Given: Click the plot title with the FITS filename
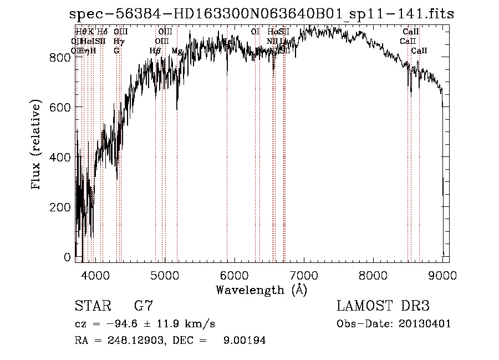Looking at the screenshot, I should (x=262, y=14).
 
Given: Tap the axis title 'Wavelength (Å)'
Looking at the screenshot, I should (x=261, y=290).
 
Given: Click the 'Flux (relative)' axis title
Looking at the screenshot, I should (x=37, y=145).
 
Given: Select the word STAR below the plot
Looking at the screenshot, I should (x=92, y=306).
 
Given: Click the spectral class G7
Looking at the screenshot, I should (x=144, y=306).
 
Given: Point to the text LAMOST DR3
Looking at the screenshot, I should (x=383, y=306).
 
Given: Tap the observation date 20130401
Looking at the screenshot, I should (x=425, y=324).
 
